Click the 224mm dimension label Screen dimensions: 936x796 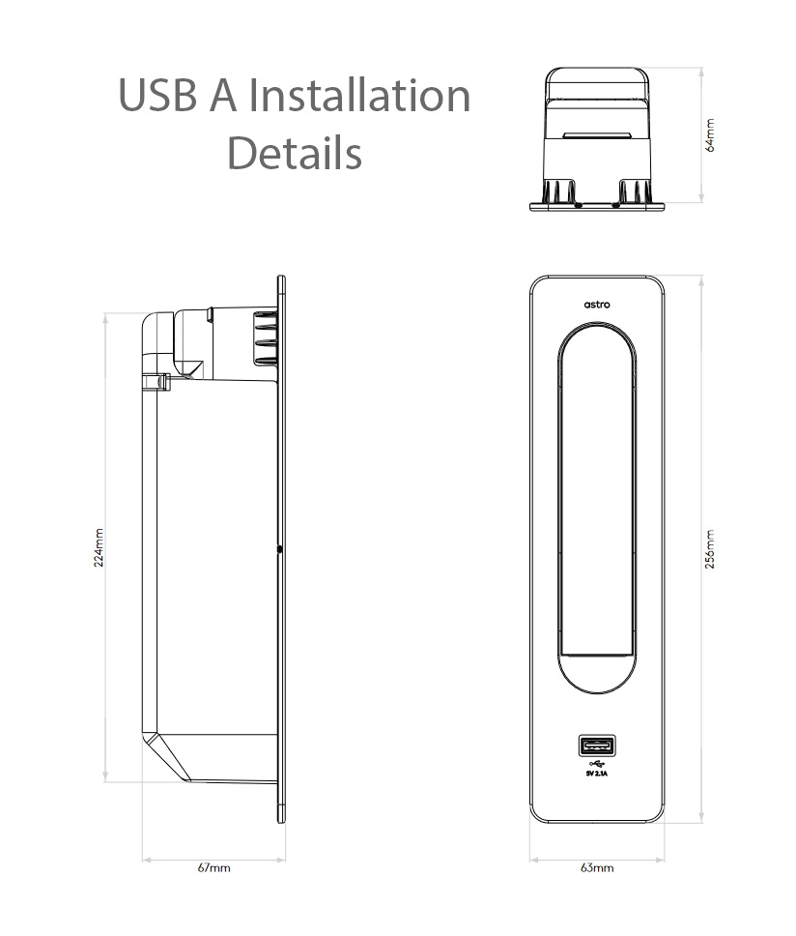(x=99, y=547)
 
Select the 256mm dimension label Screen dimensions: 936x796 (x=710, y=549)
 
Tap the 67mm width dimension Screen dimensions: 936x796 (x=213, y=867)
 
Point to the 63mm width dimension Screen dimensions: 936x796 (x=597, y=867)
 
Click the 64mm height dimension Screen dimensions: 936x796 (x=710, y=135)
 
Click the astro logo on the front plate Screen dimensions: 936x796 (x=597, y=304)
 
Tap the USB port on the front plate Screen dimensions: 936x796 (x=596, y=746)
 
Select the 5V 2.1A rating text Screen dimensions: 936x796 (x=597, y=774)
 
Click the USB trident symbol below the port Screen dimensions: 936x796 (x=596, y=763)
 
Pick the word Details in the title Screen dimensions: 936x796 (x=294, y=153)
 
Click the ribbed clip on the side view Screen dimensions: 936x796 (x=264, y=337)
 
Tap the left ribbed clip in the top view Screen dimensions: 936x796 (x=559, y=190)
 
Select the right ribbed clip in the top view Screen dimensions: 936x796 (x=634, y=190)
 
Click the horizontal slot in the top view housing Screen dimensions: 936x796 (x=596, y=136)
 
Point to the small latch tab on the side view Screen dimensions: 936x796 (x=156, y=383)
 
